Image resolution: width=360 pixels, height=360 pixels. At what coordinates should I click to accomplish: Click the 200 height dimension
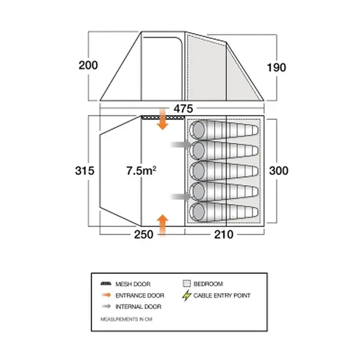88,65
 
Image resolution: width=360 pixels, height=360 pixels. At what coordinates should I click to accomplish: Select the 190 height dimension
276,67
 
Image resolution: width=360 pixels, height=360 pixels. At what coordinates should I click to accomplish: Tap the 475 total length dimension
183,108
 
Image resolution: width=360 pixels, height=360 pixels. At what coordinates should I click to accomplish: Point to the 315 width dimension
85,171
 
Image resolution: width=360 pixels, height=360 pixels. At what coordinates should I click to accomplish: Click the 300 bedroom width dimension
279,171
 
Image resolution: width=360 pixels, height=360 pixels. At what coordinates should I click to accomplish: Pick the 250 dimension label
144,234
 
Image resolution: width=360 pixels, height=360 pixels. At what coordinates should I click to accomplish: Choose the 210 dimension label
224,234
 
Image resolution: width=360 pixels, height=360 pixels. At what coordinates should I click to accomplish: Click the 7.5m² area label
141,171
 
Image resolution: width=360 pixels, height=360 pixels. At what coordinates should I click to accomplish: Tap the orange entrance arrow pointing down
162,119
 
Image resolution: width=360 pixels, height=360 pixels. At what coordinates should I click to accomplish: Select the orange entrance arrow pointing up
162,225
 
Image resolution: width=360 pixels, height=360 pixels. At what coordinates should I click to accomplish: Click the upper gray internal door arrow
181,144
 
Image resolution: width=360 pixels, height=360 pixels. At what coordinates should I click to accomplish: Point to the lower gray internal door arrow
181,197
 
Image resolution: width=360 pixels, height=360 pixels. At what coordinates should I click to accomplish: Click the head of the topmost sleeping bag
197,130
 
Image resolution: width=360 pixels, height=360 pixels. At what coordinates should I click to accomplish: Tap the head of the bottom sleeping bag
197,212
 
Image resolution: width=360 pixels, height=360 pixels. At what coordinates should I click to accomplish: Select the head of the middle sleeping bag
197,171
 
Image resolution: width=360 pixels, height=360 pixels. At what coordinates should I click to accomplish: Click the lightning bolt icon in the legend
187,296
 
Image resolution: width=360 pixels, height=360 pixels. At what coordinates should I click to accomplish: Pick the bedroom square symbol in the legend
187,283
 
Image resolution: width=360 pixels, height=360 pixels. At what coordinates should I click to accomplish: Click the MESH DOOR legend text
133,284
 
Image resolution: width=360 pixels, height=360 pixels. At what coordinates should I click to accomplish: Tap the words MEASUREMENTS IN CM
126,319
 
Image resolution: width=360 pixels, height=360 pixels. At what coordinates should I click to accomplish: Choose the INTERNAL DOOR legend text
139,306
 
